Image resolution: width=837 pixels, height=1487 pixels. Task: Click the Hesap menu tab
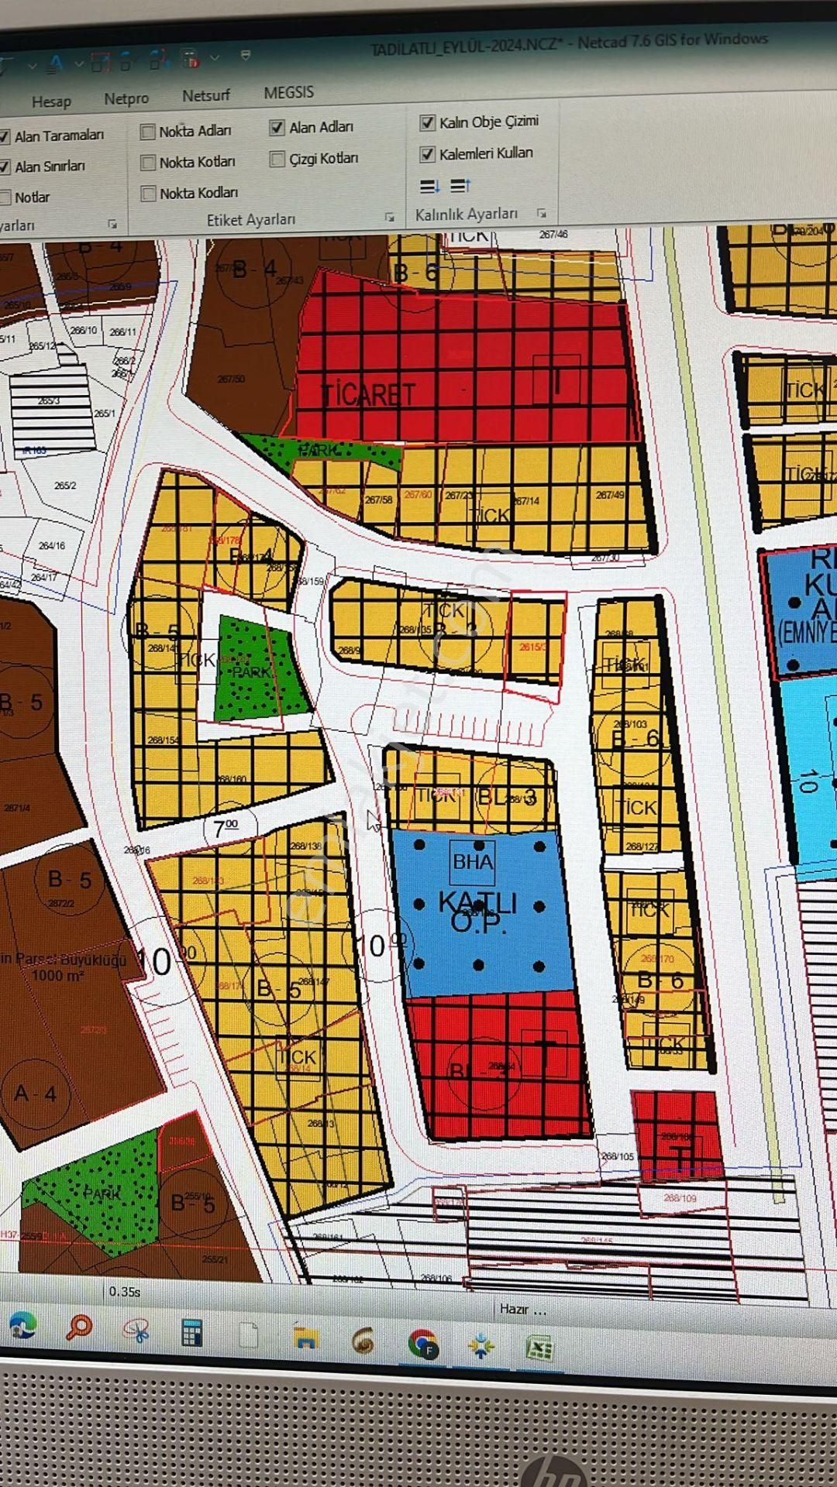(x=51, y=101)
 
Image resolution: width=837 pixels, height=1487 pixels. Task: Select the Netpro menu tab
(x=126, y=98)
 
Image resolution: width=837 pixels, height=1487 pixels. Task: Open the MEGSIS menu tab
(x=288, y=92)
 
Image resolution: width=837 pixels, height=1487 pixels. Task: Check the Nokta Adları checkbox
(x=148, y=132)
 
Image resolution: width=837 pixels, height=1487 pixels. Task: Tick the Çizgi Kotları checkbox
(x=277, y=159)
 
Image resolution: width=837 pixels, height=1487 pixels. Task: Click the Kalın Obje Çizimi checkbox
(x=427, y=122)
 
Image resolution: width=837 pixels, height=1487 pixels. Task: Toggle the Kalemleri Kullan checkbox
(x=427, y=154)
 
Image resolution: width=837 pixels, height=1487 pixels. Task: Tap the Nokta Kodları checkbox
(x=148, y=194)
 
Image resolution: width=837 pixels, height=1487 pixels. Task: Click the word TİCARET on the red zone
(x=368, y=395)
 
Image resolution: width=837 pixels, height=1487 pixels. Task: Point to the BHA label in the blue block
(x=472, y=861)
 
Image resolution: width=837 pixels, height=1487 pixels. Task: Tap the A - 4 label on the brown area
(x=35, y=1094)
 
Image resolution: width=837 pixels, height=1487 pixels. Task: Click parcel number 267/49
(x=610, y=495)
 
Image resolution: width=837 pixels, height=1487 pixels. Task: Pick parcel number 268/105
(x=618, y=1156)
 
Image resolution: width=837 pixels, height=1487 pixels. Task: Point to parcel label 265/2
(x=65, y=486)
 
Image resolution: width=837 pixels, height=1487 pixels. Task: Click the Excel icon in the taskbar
(x=539, y=1348)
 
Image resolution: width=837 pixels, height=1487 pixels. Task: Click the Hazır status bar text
(x=522, y=1309)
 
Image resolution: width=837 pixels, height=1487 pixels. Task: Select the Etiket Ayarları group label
(x=250, y=220)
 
